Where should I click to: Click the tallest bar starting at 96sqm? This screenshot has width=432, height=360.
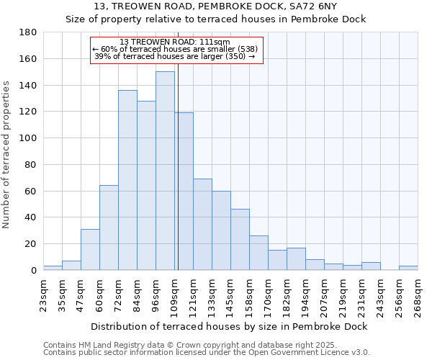coord(165,171)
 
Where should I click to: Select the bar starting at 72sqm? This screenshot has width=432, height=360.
coord(127,180)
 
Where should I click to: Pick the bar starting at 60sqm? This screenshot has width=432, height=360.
coord(109,228)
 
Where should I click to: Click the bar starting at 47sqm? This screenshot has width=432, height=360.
coord(90,249)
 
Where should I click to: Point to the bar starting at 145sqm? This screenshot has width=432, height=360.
coord(240,239)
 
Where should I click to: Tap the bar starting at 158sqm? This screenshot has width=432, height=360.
coord(258,253)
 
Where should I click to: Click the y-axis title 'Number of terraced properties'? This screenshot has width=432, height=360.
coord(6,154)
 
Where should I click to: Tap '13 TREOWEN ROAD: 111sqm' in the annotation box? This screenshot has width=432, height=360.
coord(175,42)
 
